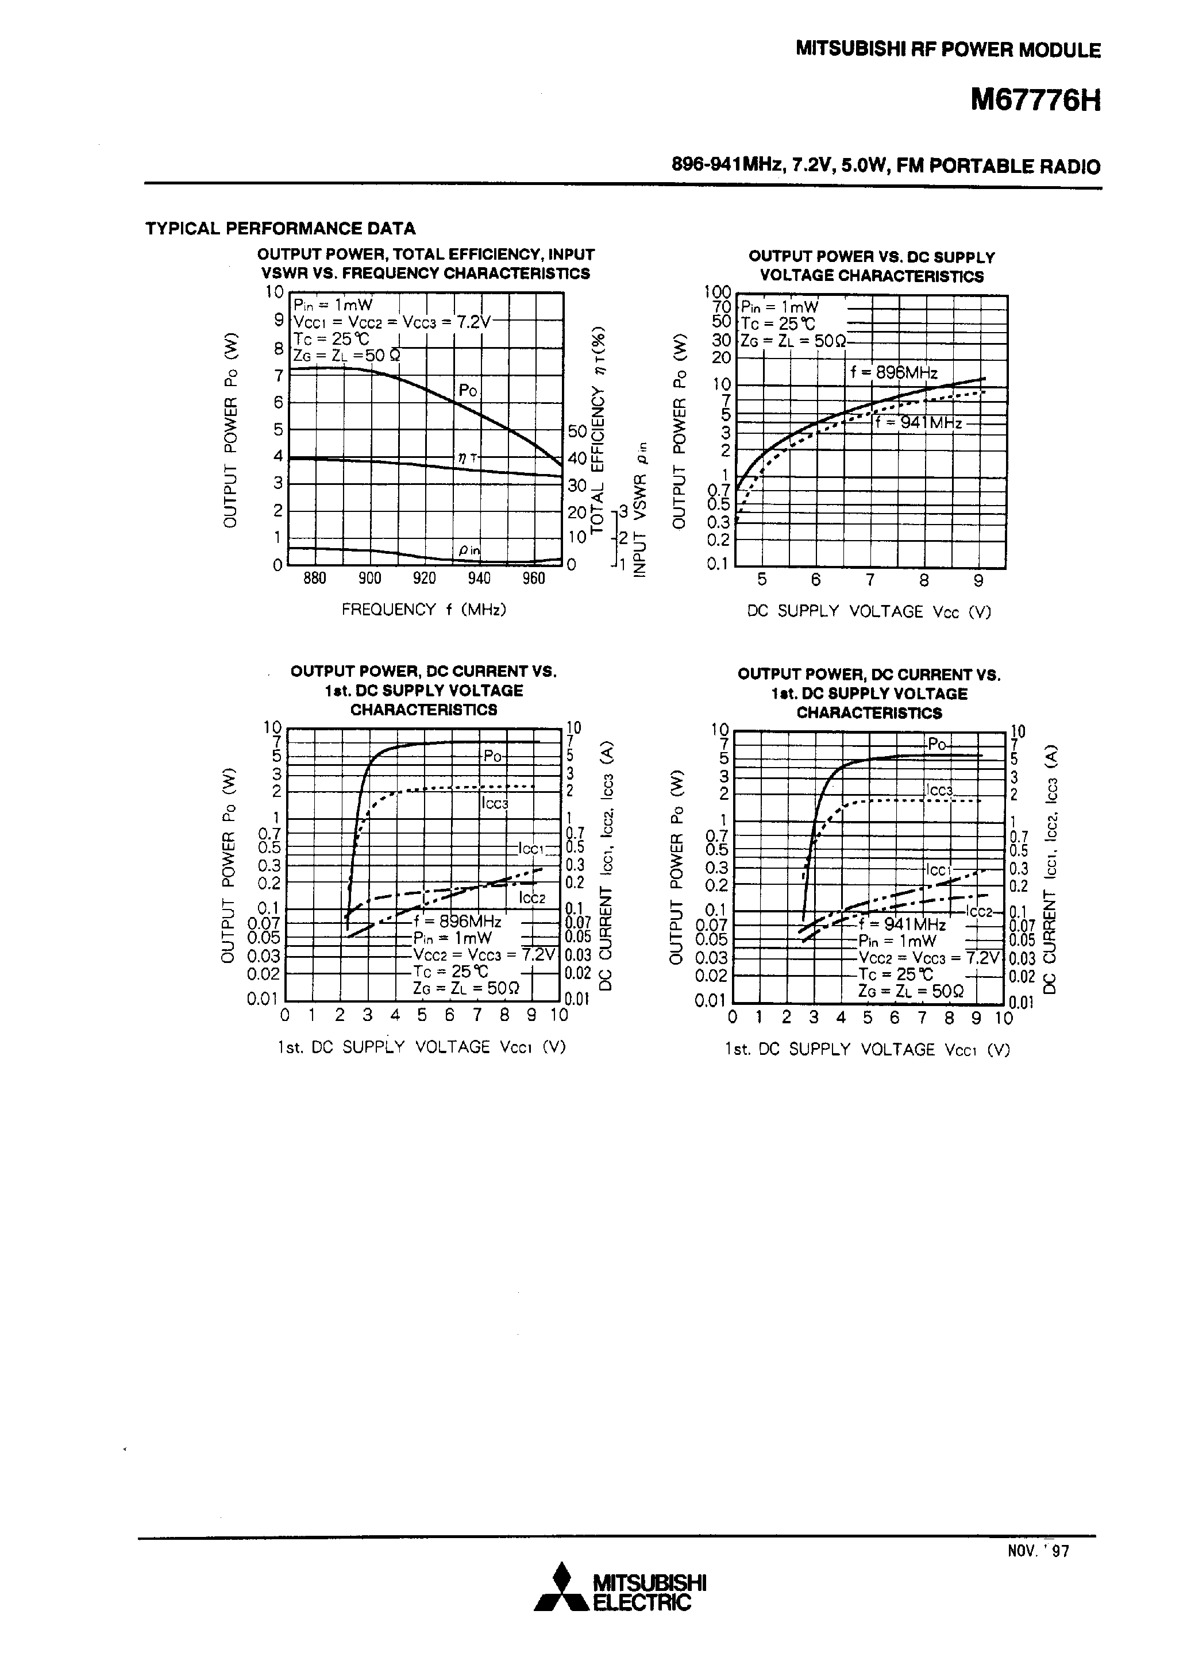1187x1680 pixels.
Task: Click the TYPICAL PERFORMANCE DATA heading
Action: coord(280,228)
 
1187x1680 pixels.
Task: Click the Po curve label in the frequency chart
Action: coord(468,391)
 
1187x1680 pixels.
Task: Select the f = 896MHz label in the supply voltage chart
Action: coord(893,372)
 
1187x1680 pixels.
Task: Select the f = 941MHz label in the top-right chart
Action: coord(919,422)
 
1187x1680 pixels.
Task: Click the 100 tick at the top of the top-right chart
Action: coord(717,292)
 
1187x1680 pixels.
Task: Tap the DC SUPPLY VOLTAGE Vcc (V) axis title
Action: coord(869,612)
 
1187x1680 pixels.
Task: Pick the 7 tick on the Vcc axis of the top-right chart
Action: coord(869,580)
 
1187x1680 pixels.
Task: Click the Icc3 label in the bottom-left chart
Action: coord(495,803)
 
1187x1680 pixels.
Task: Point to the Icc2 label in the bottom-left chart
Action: coord(532,898)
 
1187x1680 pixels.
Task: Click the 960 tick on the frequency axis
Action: coord(534,579)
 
